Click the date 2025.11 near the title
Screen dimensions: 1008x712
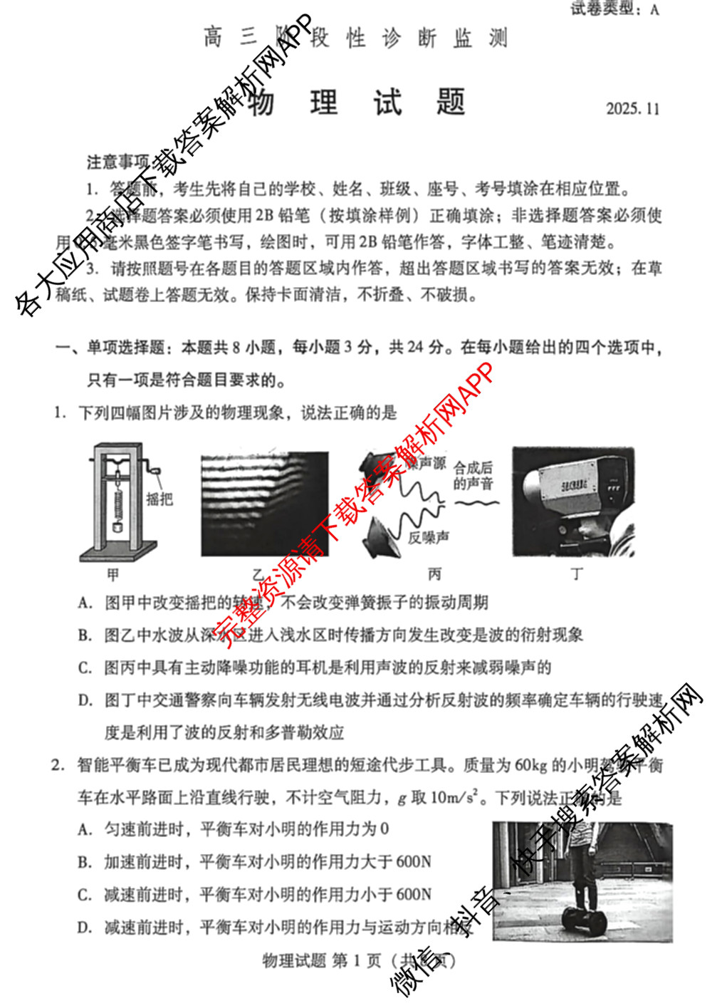[x=632, y=109]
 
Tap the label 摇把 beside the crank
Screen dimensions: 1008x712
[x=159, y=499]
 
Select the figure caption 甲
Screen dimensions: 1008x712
[x=113, y=574]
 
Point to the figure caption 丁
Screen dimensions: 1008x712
[x=577, y=574]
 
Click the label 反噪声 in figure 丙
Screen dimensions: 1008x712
[x=429, y=537]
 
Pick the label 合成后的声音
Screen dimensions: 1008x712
[x=473, y=475]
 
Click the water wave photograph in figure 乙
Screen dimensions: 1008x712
[x=265, y=504]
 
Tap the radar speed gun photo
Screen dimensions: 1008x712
[x=573, y=502]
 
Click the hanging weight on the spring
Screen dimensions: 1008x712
[x=117, y=528]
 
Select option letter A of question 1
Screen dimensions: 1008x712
[x=85, y=603]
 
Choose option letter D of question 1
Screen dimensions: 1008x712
[x=85, y=700]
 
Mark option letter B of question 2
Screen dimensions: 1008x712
[x=85, y=862]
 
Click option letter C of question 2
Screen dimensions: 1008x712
[x=85, y=895]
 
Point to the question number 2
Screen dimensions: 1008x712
[x=58, y=765]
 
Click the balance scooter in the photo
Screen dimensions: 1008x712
[x=585, y=920]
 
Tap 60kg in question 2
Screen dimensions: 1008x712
[x=530, y=765]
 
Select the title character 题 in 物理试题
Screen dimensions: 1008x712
[x=451, y=103]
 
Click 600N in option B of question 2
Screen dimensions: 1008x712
[x=413, y=862]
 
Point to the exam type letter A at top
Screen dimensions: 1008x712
[x=654, y=9]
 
